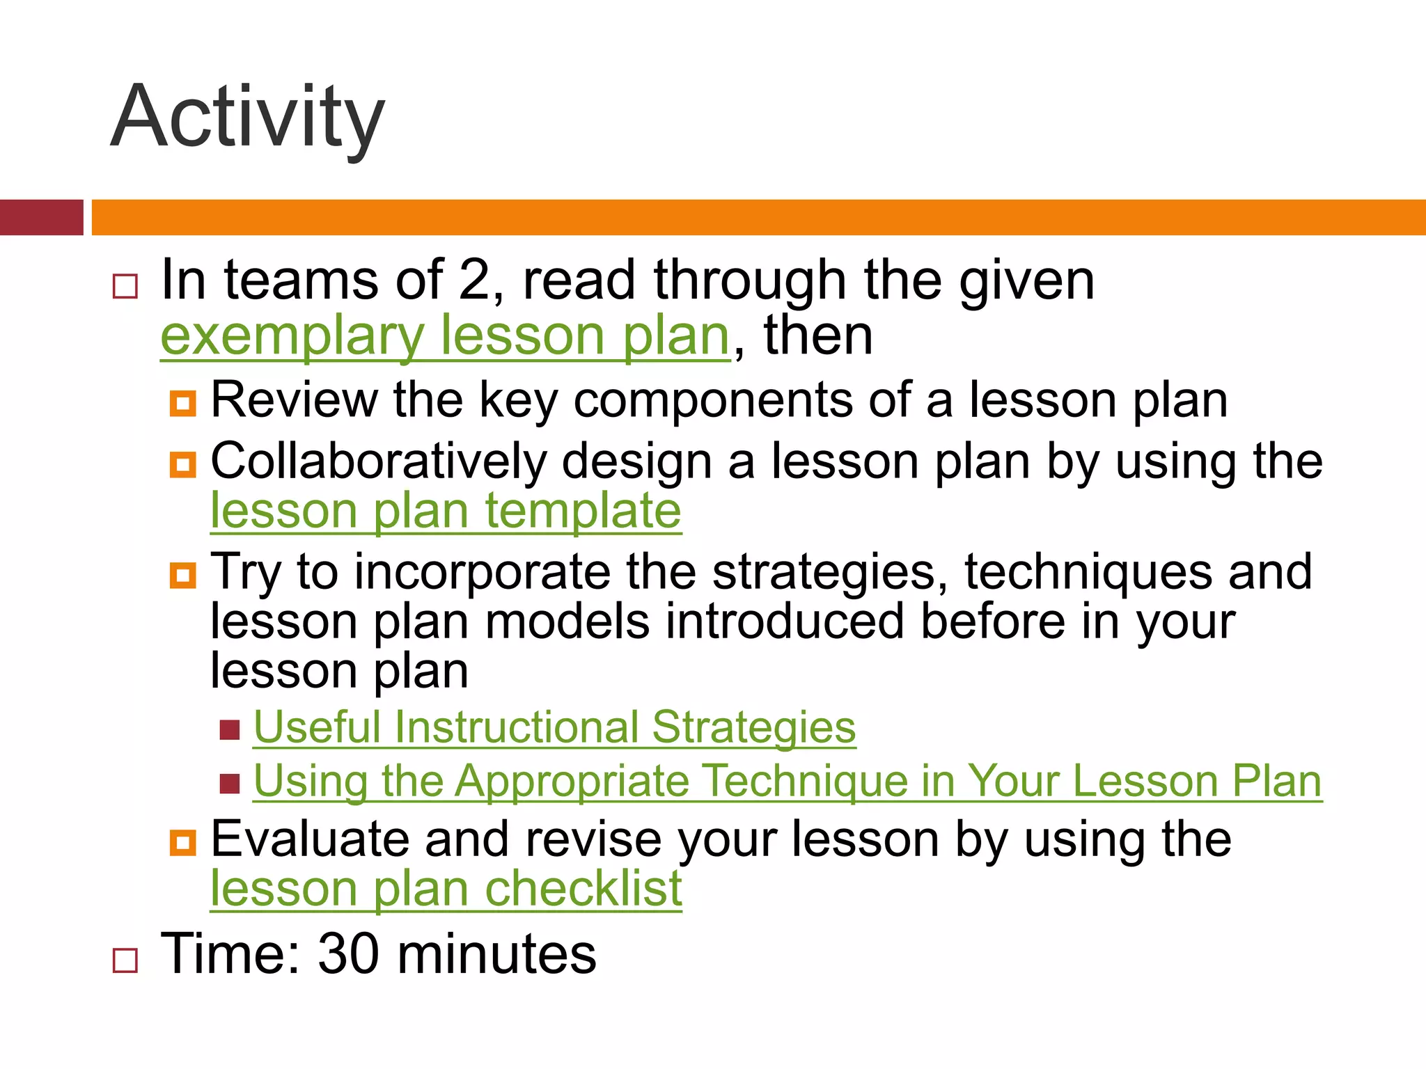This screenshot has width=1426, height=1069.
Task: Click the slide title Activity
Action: pos(247,117)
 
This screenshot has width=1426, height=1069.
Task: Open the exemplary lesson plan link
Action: pos(445,336)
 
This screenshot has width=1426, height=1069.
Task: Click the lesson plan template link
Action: pos(446,512)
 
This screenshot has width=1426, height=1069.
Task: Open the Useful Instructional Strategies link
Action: pos(554,727)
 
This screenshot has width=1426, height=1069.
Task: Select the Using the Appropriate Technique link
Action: pos(787,781)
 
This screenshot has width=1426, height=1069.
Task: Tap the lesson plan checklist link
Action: pos(446,889)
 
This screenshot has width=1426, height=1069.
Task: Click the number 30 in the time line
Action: pos(348,954)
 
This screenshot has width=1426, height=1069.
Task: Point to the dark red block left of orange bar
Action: pos(41,217)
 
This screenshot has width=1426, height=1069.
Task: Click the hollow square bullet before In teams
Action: pos(125,286)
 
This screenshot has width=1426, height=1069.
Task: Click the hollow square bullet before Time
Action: pos(125,960)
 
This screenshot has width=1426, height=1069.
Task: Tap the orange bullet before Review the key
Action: pos(183,403)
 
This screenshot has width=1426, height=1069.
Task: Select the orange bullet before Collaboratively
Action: pos(183,464)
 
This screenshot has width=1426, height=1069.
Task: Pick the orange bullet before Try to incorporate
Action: pos(183,575)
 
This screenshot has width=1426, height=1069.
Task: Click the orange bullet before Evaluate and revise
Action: pos(183,842)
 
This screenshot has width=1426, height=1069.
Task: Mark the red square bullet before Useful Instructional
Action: pos(230,730)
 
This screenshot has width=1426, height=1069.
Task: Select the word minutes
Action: pos(496,954)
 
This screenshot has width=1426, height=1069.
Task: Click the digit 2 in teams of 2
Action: pos(475,280)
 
